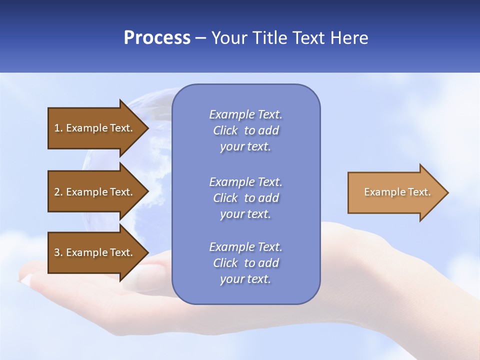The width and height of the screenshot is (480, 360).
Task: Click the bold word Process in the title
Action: tap(157, 38)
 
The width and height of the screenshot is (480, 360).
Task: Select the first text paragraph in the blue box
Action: tap(245, 130)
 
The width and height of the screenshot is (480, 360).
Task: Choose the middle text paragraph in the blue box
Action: tap(245, 198)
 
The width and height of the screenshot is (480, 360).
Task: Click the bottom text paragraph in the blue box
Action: tap(245, 263)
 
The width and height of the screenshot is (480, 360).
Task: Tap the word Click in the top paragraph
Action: tap(225, 131)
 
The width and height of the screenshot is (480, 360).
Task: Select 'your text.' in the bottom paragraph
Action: tap(245, 279)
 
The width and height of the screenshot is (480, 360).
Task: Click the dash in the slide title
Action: tap(201, 38)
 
